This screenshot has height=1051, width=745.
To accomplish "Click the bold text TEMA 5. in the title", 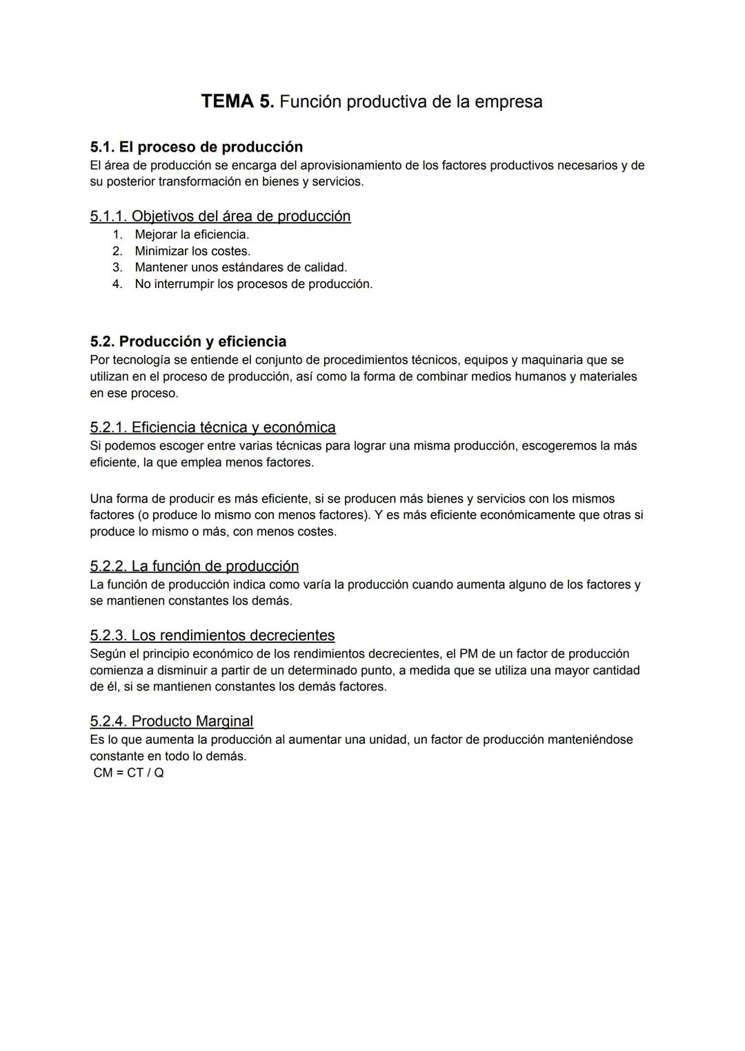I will (x=237, y=101).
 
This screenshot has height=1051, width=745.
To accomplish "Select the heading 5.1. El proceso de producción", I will (x=196, y=147).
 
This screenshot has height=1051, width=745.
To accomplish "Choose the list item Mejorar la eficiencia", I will (x=192, y=234).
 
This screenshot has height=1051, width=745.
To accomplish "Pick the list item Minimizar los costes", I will (x=192, y=251).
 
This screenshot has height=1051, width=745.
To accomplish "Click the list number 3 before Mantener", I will (x=117, y=267).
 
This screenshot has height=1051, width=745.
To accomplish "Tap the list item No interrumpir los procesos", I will (x=253, y=284).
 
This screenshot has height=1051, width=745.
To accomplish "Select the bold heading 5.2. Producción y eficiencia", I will (x=188, y=342).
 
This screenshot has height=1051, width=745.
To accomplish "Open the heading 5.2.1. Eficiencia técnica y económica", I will (x=212, y=427).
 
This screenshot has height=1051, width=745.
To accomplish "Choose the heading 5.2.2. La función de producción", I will (x=194, y=567).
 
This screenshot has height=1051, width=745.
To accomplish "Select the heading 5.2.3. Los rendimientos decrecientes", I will (x=212, y=635).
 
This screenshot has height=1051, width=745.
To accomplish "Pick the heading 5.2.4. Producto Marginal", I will (x=171, y=722).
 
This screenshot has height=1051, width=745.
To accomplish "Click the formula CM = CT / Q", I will (x=128, y=773).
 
